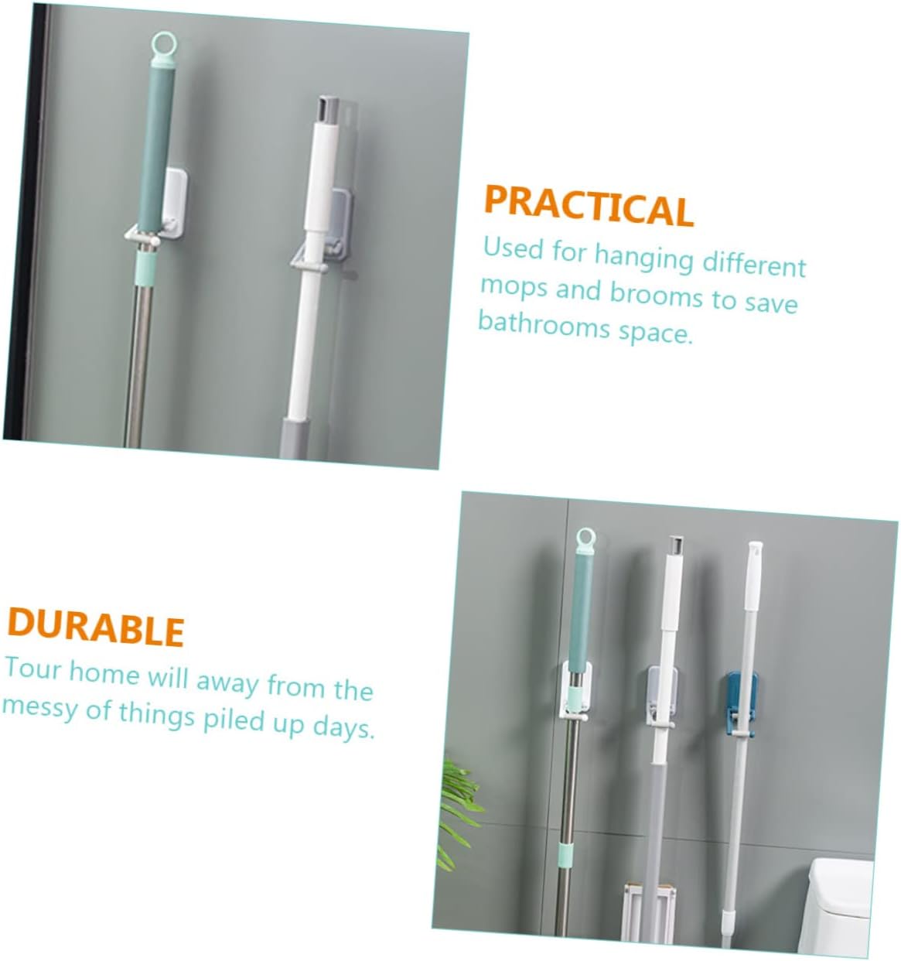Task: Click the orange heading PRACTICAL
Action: click(x=589, y=206)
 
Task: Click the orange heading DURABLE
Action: click(x=95, y=627)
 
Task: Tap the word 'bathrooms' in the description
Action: click(x=544, y=325)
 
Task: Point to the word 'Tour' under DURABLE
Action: click(x=33, y=669)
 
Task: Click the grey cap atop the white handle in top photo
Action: click(x=326, y=110)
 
